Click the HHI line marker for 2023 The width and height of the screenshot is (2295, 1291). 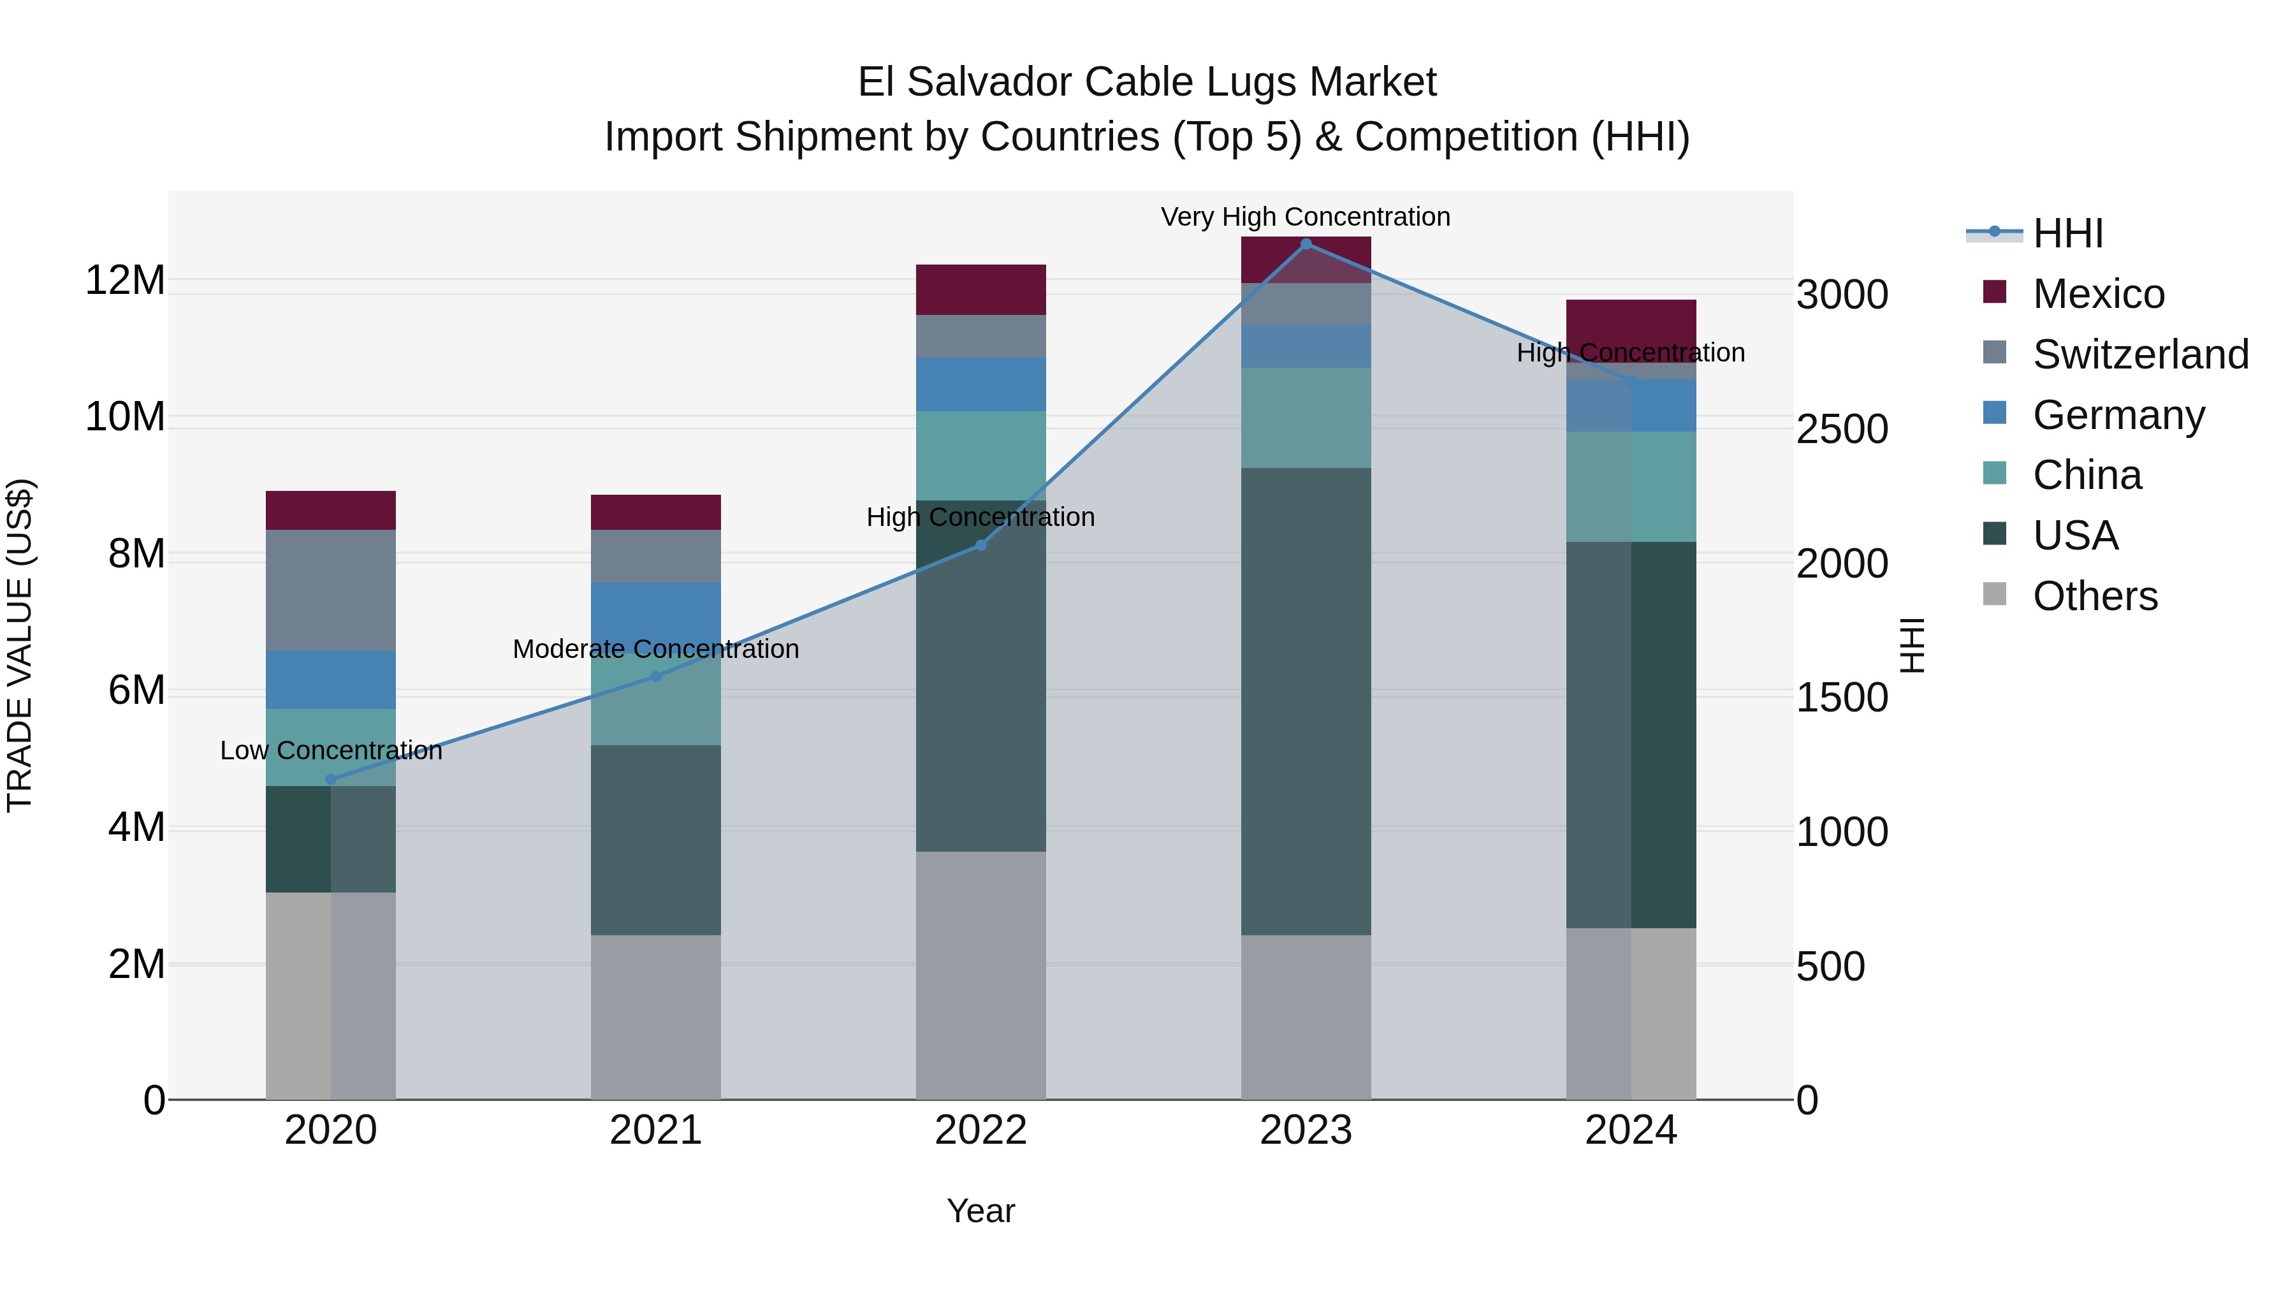(x=1306, y=244)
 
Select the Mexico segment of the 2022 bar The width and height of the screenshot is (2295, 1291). (x=981, y=289)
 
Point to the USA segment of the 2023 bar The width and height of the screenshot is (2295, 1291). (x=1306, y=701)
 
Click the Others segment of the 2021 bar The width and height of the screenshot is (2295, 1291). (x=656, y=1017)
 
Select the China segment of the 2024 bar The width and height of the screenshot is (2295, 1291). (x=1631, y=486)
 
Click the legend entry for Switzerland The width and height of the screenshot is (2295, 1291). (x=2139, y=354)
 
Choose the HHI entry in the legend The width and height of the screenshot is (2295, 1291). (x=2067, y=233)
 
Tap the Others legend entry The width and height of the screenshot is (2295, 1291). (x=2094, y=595)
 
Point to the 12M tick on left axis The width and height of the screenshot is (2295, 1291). (x=125, y=280)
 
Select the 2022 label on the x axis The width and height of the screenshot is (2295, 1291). (x=981, y=1130)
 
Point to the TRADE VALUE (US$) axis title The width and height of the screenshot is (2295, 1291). (x=20, y=645)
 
